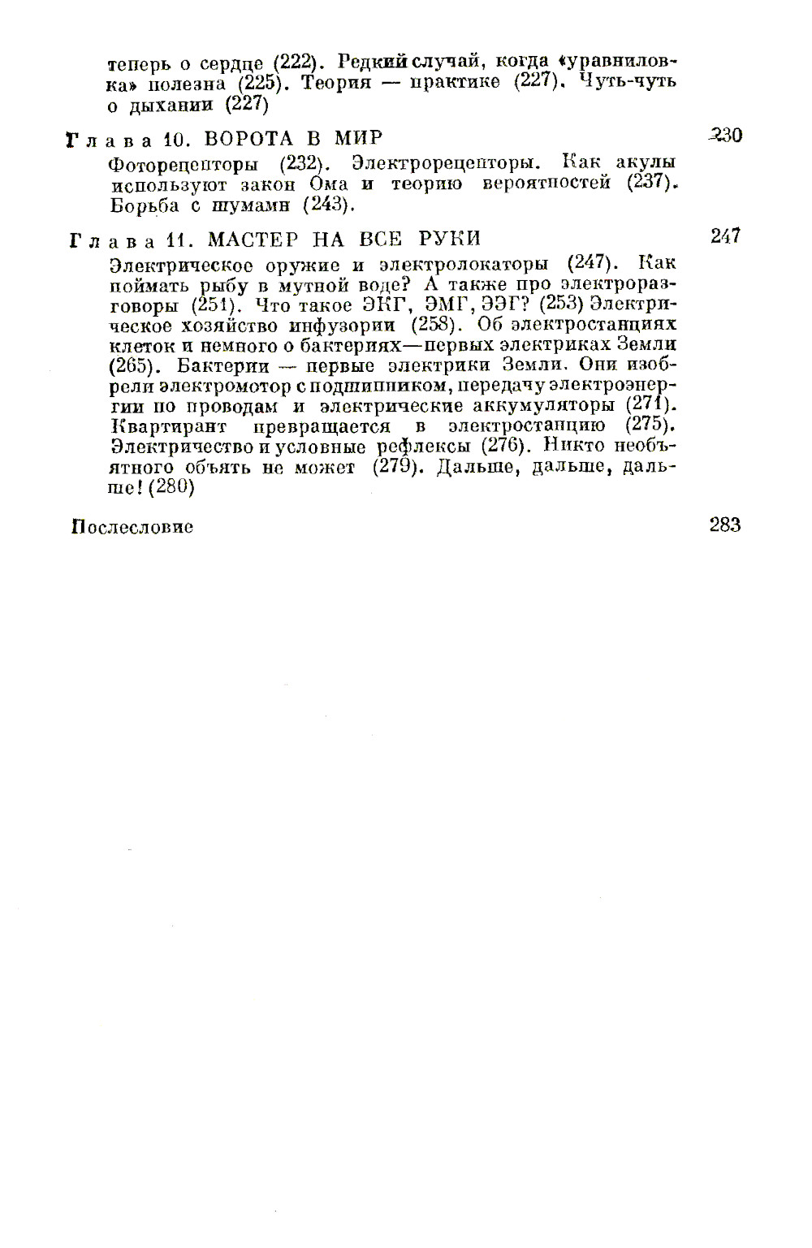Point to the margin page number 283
pos(725,525)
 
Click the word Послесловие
pos(132,527)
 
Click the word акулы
pos(646,162)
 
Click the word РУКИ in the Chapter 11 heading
pos(450,239)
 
